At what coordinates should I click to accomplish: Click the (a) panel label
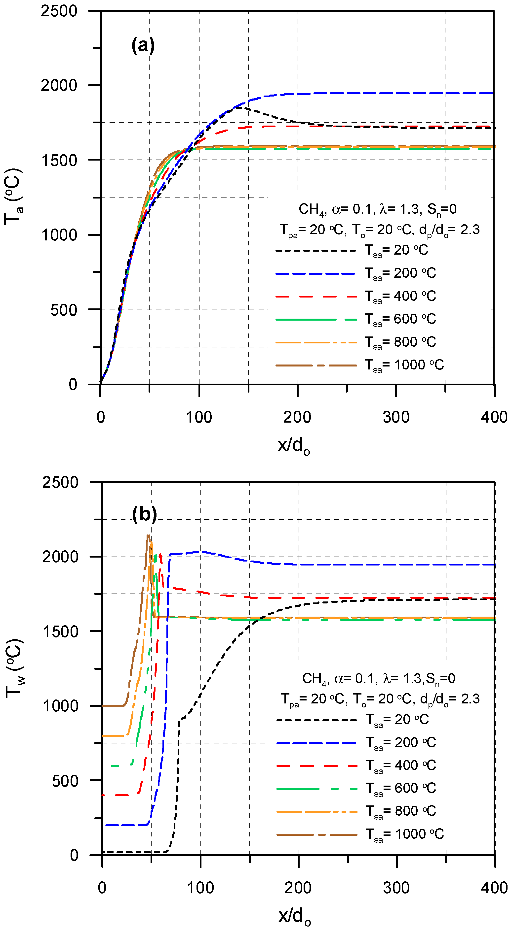pyautogui.click(x=143, y=46)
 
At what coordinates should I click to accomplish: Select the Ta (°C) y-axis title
pyautogui.click(x=13, y=197)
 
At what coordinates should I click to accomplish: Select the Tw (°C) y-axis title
pyautogui.click(x=14, y=668)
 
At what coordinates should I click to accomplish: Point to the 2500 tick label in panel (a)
pyautogui.click(x=59, y=11)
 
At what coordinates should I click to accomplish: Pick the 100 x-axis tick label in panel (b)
pyautogui.click(x=200, y=888)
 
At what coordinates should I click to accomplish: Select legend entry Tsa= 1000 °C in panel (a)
pyautogui.click(x=404, y=365)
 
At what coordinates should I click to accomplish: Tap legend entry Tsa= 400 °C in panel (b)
pyautogui.click(x=401, y=765)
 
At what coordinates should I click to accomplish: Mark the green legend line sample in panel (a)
pyautogui.click(x=316, y=320)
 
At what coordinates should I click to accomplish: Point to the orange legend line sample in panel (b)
pyautogui.click(x=316, y=812)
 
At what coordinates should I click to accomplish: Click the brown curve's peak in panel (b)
pyautogui.click(x=148, y=536)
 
